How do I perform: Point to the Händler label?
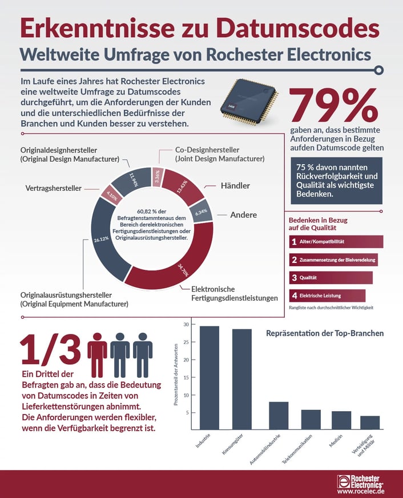[x=235, y=186]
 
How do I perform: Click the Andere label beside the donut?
[x=243, y=215]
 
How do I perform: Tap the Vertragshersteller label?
[x=54, y=188]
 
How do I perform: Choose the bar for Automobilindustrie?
[x=279, y=415]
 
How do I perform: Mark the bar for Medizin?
[x=341, y=420]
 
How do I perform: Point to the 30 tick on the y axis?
[x=186, y=324]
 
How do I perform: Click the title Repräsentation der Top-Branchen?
[x=325, y=333]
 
